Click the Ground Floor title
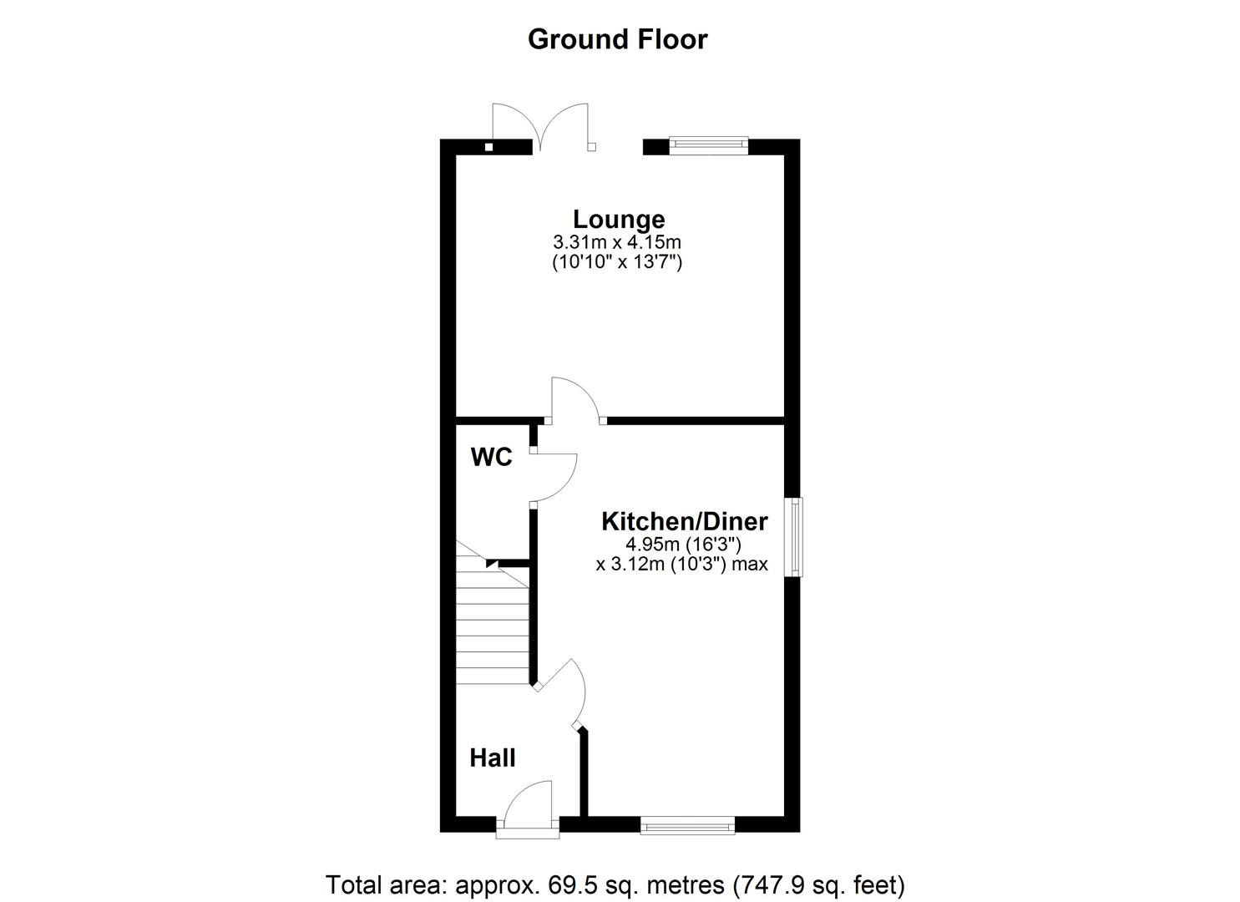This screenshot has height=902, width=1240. (x=617, y=39)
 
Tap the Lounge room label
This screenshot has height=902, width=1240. (x=619, y=220)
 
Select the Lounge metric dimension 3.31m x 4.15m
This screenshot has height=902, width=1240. (x=617, y=242)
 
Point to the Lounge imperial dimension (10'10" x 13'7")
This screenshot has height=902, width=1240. (x=617, y=262)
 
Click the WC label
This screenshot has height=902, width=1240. (x=491, y=457)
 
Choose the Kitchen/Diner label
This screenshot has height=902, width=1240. (x=684, y=521)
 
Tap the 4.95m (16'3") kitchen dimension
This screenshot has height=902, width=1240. (x=684, y=545)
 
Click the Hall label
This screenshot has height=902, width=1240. (x=492, y=758)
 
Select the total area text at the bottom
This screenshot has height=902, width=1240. (x=615, y=884)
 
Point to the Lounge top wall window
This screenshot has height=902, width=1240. (x=708, y=145)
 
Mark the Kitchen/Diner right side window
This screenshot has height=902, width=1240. (x=797, y=537)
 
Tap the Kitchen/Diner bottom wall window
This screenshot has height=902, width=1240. (x=687, y=826)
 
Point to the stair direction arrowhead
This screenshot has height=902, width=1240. (x=493, y=564)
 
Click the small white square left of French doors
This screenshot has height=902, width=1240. (x=489, y=148)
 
